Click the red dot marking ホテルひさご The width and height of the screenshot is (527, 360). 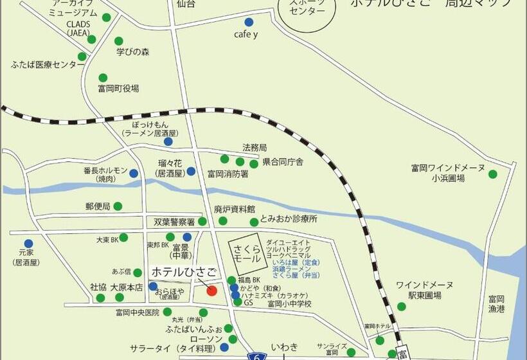coord(211,290)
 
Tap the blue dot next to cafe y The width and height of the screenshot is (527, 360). coord(249,22)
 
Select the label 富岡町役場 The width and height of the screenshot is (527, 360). coord(118,88)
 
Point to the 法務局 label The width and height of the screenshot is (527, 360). coord(255,147)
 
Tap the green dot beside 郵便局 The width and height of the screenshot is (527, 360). coord(118,206)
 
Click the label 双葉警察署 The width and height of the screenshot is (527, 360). coord(174,221)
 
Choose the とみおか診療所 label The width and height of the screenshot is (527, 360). coord(289,219)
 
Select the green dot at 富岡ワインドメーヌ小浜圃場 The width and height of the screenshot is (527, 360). coord(493,174)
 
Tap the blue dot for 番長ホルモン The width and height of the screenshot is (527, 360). coord(134,173)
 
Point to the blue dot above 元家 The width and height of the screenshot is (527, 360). coord(28,244)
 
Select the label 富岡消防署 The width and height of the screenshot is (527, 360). coord(227,173)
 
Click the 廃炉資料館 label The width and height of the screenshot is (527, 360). coord(235,210)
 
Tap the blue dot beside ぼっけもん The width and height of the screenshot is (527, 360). coord(168,141)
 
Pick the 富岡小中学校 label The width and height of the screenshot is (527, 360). coord(289,303)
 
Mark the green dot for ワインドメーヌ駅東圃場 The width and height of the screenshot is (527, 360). coord(402,307)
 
